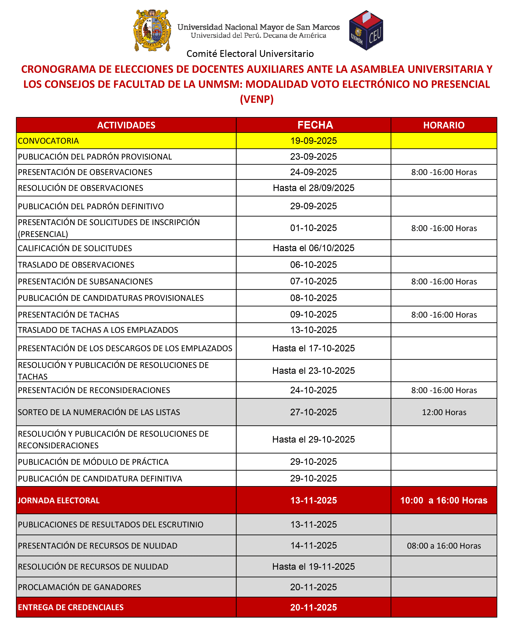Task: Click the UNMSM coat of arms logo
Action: coord(152,30)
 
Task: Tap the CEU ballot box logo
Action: coord(366,30)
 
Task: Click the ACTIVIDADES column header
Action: coord(126,125)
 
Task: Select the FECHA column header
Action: coord(315,125)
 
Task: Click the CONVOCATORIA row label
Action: coord(48,141)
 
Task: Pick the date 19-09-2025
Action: coord(314,141)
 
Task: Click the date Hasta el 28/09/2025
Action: coord(314,188)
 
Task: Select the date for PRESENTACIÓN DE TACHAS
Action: coord(314,315)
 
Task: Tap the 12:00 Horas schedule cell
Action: coord(444,412)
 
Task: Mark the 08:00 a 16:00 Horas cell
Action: coord(444,546)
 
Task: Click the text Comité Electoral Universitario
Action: coord(250,54)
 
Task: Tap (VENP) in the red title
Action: coord(257,99)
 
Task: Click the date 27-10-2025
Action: coord(314,412)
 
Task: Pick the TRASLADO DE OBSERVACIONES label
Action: coord(76,265)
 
